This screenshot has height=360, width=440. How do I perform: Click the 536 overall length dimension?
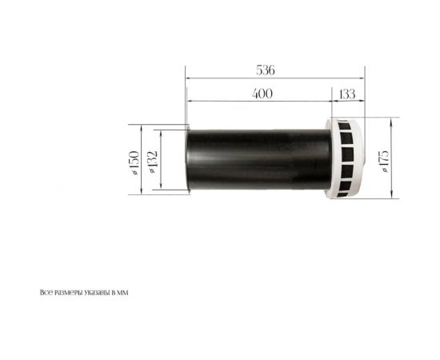click(266, 70)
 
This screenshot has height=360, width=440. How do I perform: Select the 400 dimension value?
click(262, 94)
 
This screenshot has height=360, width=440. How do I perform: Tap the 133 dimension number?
click(346, 94)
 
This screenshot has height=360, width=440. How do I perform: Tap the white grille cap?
click(347, 161)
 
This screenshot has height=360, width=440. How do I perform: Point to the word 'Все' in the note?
click(45, 293)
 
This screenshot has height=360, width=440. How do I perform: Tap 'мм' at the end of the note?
click(122, 293)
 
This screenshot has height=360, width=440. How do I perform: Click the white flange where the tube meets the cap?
click(330, 161)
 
